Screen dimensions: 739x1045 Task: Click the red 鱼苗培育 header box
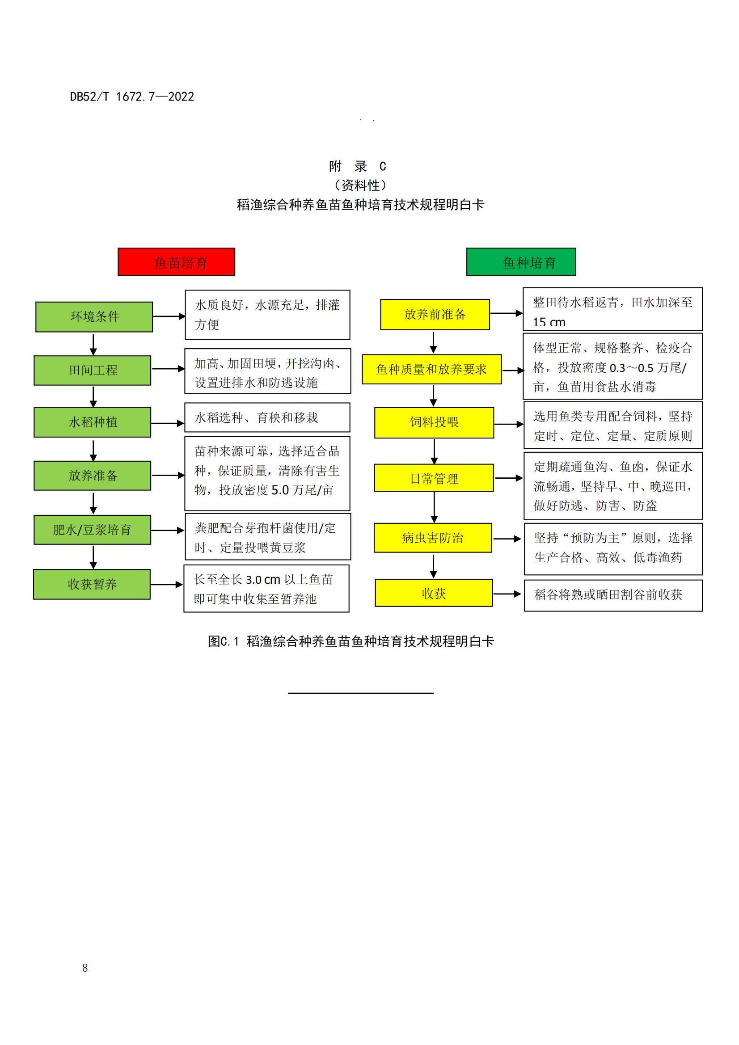coord(176,262)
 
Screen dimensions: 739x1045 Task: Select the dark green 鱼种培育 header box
coord(521,262)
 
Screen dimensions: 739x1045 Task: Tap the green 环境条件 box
coord(94,317)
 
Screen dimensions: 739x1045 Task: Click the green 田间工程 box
coord(93,371)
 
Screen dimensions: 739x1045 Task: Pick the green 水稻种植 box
coord(93,422)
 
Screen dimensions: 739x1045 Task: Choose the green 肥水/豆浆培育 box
coord(93,530)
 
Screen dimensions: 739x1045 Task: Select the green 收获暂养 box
coord(92,584)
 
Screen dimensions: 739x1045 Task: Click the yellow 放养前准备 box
coord(435,315)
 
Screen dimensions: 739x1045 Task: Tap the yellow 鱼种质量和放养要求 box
coord(432,369)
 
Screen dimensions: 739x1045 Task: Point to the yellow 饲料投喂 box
coord(434,423)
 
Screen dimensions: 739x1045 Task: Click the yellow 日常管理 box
coord(434,478)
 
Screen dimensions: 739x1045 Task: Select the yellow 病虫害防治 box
coord(433,538)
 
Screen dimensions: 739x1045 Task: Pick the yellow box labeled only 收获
coord(434,593)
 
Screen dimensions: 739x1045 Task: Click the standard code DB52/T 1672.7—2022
coord(132,97)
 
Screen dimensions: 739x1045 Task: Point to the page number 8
coord(85,968)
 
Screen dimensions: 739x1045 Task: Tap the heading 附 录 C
coord(358,166)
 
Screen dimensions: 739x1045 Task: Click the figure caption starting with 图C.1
coord(351,641)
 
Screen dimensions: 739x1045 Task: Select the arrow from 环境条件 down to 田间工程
coord(93,345)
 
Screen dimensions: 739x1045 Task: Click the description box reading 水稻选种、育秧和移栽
coord(267,417)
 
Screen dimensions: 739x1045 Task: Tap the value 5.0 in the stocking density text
coord(280,490)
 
